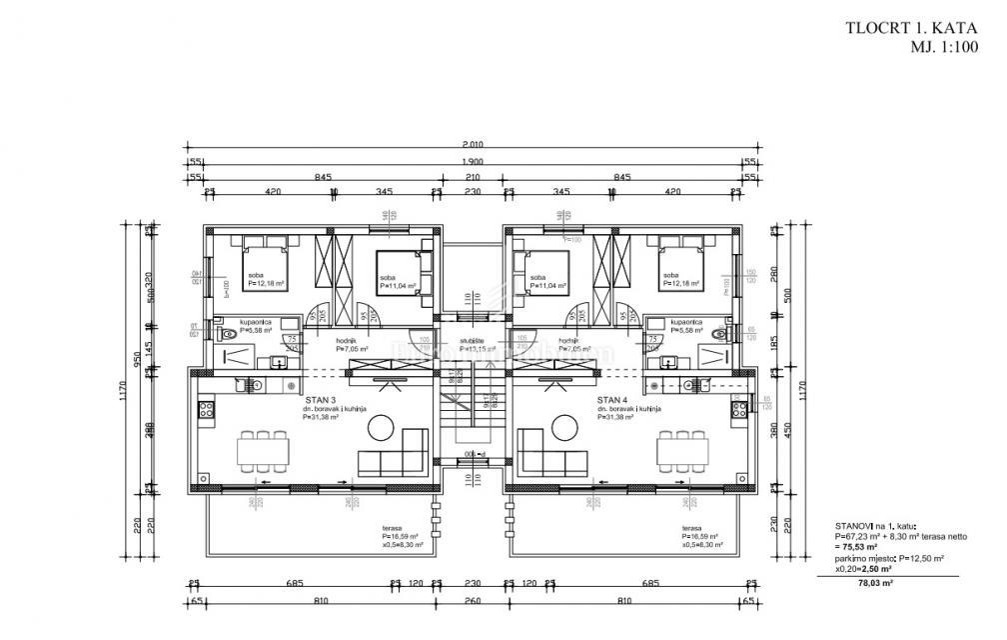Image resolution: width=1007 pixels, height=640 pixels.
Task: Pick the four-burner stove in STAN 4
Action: tap(740, 408)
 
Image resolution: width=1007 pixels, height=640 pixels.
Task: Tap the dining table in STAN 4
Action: tap(676, 452)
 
